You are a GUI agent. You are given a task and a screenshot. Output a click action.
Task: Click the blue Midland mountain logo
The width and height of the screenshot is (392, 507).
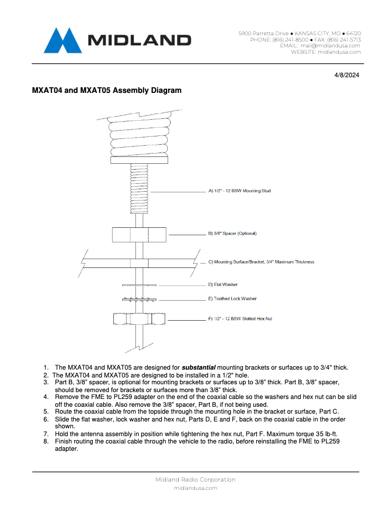pos(62,40)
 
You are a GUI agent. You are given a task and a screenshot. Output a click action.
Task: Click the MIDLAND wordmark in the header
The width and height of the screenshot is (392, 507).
pos(139,41)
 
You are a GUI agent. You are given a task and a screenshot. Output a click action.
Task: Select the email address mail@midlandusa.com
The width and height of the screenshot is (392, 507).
pos(330,45)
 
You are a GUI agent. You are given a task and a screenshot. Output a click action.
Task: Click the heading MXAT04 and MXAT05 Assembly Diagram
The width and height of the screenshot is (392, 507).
pos(107,90)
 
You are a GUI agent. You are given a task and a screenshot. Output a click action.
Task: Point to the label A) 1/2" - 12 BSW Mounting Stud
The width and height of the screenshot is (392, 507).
pos(240,191)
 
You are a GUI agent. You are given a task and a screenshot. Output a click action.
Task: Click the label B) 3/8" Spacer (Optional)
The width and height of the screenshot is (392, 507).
pos(232,233)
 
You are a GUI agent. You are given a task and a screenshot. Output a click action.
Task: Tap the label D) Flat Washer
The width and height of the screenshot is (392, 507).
pos(223,285)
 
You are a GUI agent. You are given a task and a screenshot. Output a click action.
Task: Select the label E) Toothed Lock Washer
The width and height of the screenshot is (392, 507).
pos(232,299)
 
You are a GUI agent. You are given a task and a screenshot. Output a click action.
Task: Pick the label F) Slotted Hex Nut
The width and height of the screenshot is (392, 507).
pos(240,319)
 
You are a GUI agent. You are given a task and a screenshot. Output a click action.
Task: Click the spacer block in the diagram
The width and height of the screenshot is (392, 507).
pos(139,234)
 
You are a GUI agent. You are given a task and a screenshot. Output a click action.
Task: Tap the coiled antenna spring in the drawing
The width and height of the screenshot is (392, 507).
pos(139,137)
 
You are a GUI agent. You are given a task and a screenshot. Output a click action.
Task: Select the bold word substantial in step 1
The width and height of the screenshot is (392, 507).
pos(198,368)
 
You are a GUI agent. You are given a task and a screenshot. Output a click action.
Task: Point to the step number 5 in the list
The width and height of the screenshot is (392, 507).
pos(46,412)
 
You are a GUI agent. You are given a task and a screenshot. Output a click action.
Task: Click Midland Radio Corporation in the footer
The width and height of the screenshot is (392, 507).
pos(196,480)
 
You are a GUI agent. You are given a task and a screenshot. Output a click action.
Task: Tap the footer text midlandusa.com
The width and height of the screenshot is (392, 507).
pos(196,488)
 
